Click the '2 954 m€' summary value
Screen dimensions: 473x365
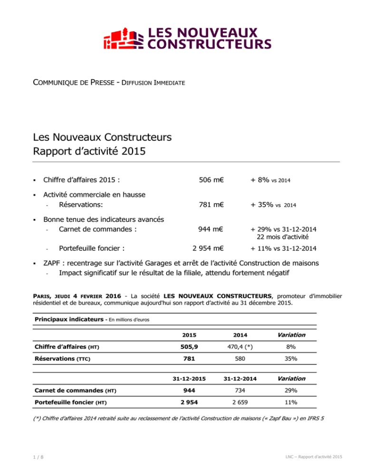click(209, 248)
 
